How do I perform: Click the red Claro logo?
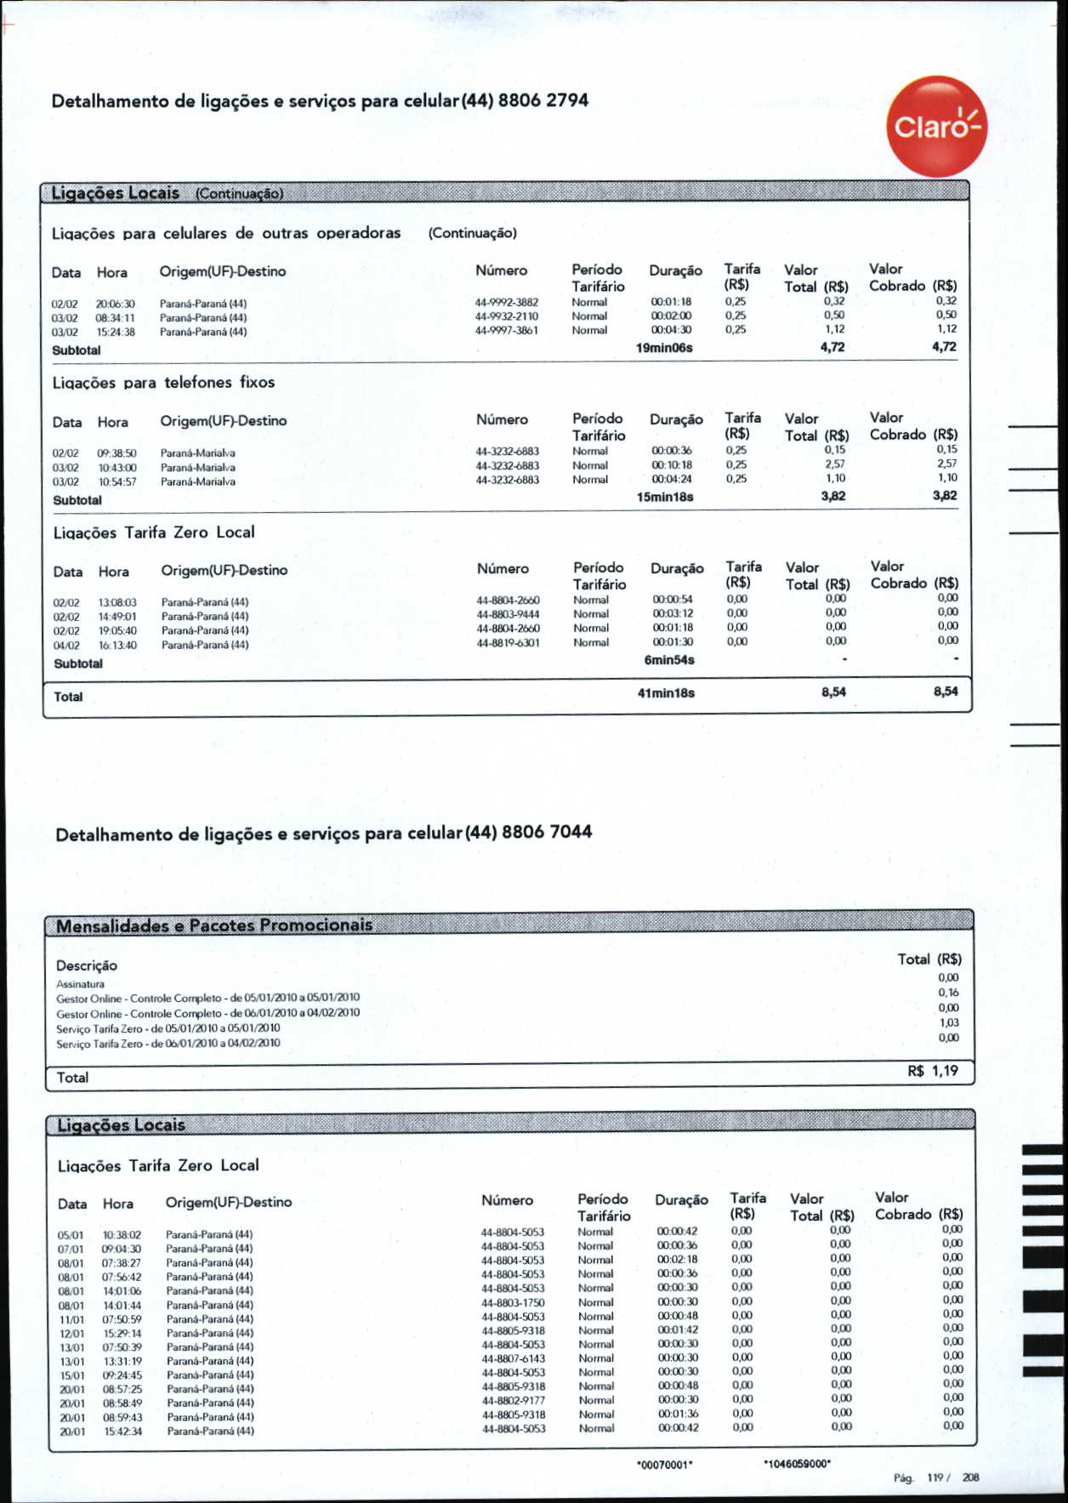point(936,127)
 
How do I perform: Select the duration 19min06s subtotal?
point(664,348)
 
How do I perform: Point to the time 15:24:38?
point(116,332)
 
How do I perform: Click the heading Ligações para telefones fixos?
point(164,383)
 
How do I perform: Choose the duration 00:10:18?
point(672,465)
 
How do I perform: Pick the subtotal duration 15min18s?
point(665,497)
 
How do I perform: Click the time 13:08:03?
point(117,602)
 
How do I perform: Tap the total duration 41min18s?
point(666,693)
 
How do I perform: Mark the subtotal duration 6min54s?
point(669,660)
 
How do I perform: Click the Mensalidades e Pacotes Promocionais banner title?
point(214,925)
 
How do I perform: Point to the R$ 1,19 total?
point(933,1071)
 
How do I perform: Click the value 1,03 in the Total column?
point(949,1023)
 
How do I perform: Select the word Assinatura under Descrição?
point(81,984)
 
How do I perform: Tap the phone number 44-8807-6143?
point(514,1358)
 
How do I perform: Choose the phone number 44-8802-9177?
point(514,1400)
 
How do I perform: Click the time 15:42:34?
point(122,1432)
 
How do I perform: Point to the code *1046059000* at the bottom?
point(797,1464)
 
